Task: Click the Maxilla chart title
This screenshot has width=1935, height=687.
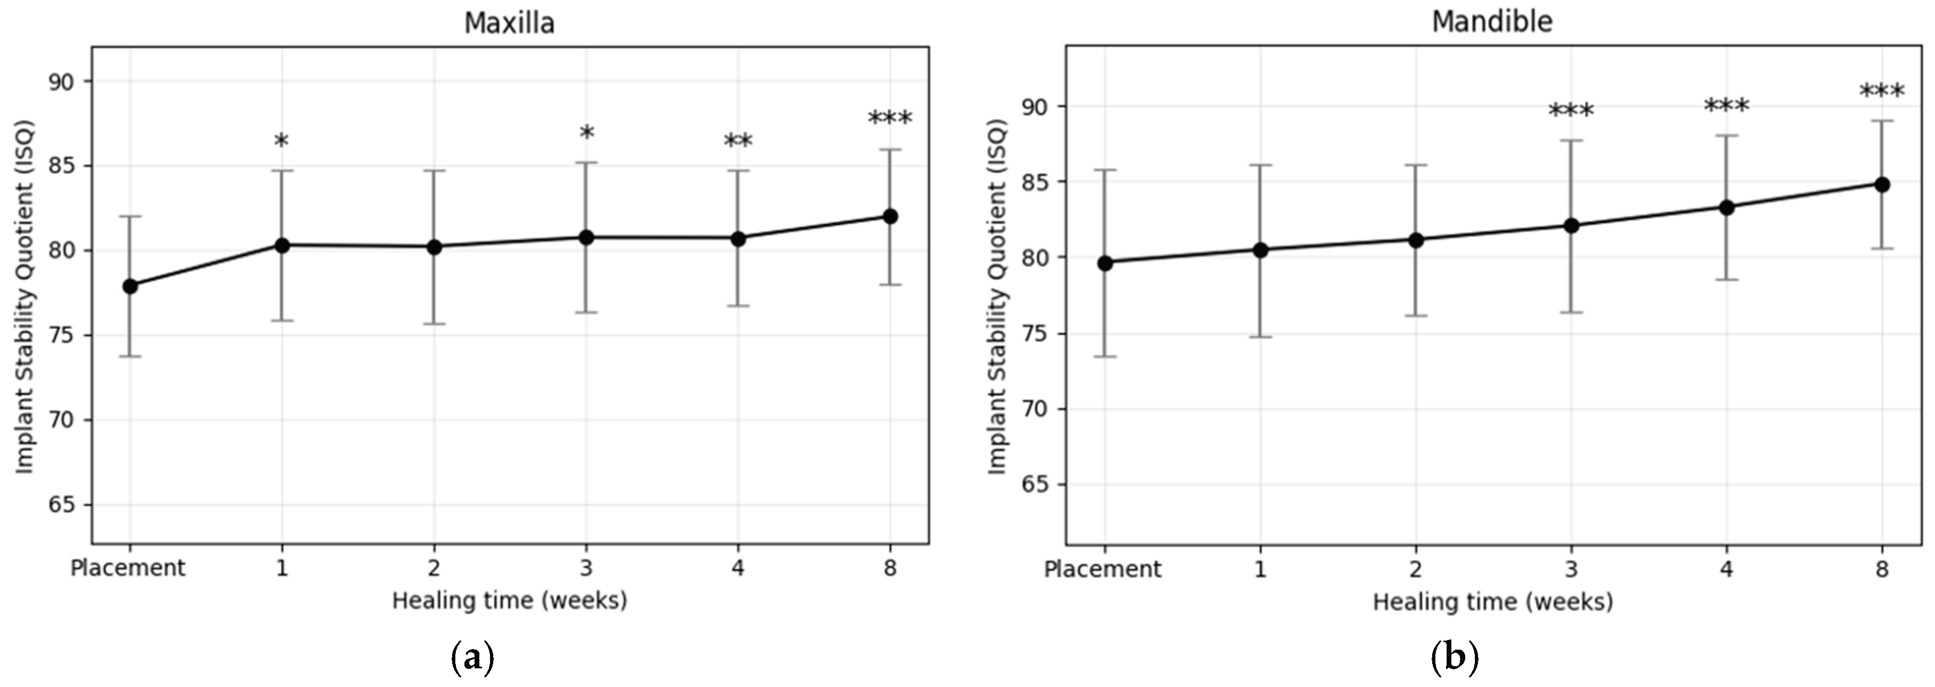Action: [509, 23]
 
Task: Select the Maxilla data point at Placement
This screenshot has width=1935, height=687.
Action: [130, 286]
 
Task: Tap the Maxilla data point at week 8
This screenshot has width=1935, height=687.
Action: [890, 217]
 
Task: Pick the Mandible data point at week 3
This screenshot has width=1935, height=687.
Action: [1571, 225]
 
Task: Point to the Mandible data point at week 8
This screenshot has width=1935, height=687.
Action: [1882, 184]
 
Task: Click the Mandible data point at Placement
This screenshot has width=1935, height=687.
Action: [1104, 262]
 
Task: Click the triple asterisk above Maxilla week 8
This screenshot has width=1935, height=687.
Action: [890, 119]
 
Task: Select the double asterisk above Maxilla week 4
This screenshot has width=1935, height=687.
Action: [737, 141]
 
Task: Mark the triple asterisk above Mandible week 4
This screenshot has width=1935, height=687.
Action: [1726, 107]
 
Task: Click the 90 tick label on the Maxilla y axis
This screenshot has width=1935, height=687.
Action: [62, 81]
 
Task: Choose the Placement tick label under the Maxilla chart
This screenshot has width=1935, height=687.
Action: [127, 567]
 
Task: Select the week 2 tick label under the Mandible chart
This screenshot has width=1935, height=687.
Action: [1415, 569]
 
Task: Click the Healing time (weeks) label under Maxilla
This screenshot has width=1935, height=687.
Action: [509, 600]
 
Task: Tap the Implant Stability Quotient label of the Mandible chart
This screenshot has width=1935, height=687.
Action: [996, 297]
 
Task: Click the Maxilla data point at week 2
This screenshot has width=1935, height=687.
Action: [434, 247]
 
